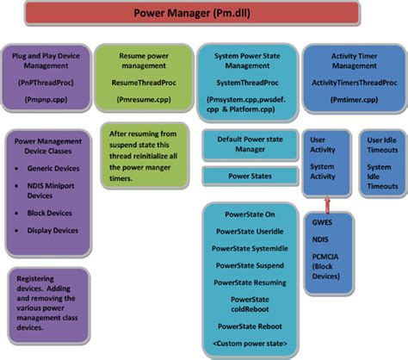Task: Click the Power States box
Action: pos(249,176)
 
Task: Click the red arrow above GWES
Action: pos(326,204)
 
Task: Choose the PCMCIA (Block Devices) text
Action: pos(327,259)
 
